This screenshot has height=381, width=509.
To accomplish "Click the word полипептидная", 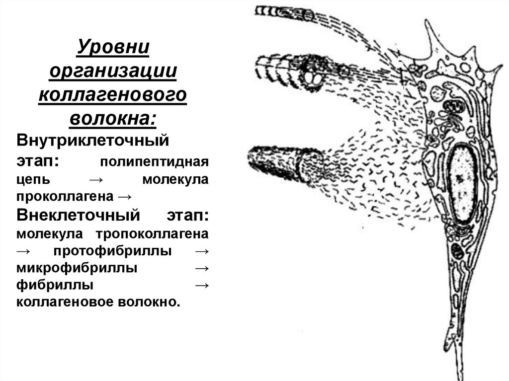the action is click(155, 162).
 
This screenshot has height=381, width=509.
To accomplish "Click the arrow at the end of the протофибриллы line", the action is click(201, 251).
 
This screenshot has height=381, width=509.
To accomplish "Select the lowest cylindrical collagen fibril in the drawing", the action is click(281, 162).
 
